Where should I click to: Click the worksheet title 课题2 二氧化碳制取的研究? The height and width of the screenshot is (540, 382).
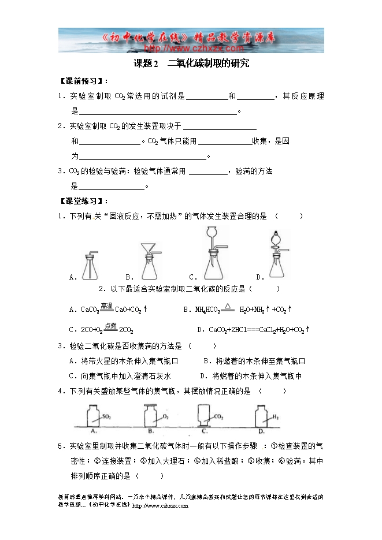pyautogui.click(x=191, y=64)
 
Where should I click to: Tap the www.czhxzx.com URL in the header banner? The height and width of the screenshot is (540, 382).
pyautogui.click(x=190, y=49)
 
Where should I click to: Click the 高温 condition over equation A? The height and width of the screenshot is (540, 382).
pyautogui.click(x=106, y=305)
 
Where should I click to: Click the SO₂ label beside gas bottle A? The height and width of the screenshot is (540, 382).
pyautogui.click(x=106, y=416)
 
